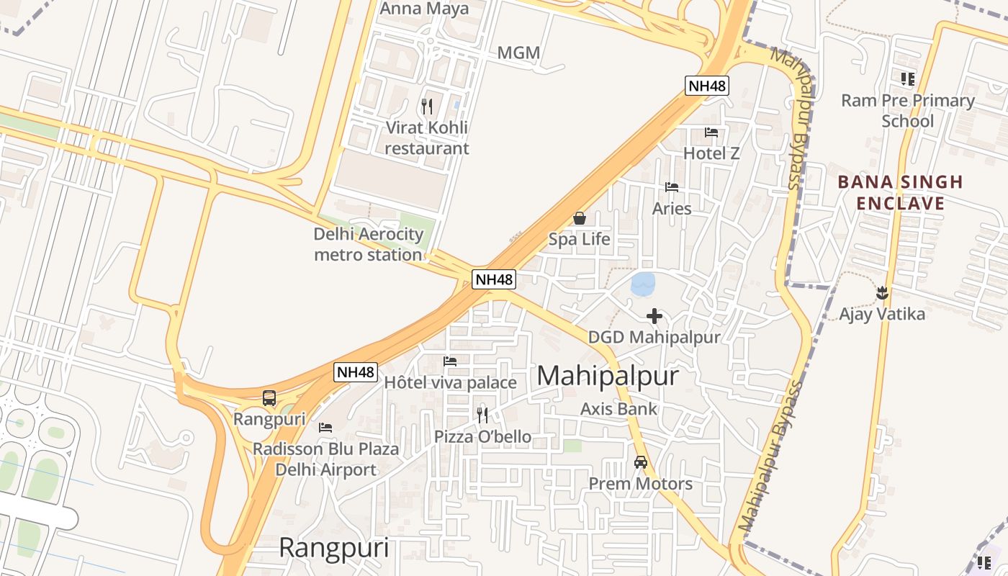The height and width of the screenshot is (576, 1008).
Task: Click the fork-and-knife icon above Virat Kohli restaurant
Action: coord(427,107)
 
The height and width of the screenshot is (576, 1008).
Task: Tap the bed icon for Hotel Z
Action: coord(711,132)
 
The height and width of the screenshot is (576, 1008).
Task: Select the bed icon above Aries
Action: coord(672,187)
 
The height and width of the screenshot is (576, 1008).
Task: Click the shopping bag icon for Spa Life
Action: coord(579,218)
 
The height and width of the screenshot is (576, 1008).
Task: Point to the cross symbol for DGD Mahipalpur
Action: coord(654,316)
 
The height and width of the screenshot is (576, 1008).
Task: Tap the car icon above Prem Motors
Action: coord(640,462)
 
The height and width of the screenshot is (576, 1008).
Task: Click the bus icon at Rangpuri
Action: coord(269,397)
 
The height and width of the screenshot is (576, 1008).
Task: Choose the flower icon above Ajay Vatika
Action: coord(882,293)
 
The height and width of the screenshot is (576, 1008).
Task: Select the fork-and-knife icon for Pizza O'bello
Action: coord(482,415)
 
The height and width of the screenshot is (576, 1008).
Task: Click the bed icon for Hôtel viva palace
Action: coord(450,361)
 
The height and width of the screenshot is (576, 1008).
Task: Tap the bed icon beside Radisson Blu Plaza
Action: coord(325,428)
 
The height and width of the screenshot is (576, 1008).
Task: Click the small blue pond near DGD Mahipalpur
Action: coord(643,284)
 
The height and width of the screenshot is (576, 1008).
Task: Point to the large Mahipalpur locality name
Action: coord(608,376)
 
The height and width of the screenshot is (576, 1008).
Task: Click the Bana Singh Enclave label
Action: coord(900,192)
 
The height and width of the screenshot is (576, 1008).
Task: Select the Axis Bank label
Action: coord(618,409)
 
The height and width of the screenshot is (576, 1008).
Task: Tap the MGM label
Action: coord(518,53)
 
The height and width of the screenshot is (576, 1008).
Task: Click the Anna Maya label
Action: coord(424,9)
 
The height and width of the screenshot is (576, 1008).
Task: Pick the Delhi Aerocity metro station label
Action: coord(368,244)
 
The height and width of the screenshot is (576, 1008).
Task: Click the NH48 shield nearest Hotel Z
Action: coord(706,86)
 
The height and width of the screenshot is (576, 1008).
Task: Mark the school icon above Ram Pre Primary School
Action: coord(907,78)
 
